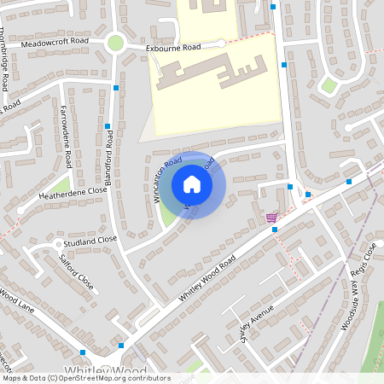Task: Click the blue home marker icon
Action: click(x=192, y=183)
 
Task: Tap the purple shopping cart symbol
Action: click(x=271, y=217)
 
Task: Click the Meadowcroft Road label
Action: click(x=56, y=41)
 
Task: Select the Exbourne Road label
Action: click(x=173, y=48)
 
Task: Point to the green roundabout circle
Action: click(x=115, y=43)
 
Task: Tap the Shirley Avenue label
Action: click(x=256, y=319)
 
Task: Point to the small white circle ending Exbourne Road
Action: click(x=221, y=44)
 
